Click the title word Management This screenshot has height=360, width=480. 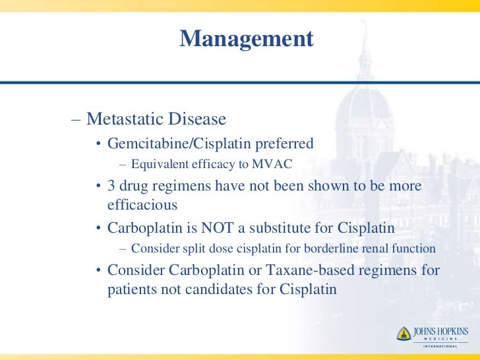click(247, 39)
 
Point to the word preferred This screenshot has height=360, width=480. click(284, 143)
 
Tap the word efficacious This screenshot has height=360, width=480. click(142, 204)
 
